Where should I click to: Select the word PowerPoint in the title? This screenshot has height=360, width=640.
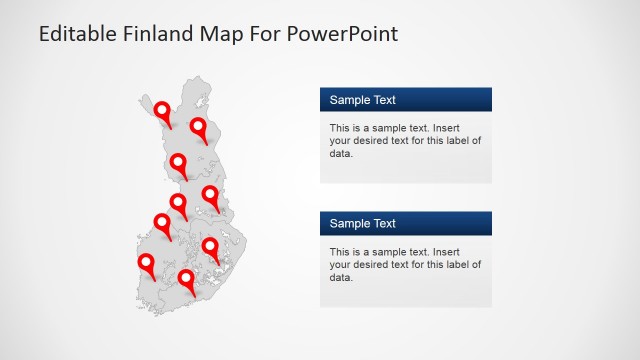pyautogui.click(x=342, y=34)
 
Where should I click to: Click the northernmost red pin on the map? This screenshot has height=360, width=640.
pyautogui.click(x=163, y=109)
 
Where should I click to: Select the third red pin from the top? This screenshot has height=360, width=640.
pyautogui.click(x=178, y=162)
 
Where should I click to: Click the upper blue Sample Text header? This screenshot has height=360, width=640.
pyautogui.click(x=405, y=100)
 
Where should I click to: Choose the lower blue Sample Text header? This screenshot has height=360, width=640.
pyautogui.click(x=405, y=224)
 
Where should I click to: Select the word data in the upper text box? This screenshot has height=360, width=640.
pyautogui.click(x=340, y=153)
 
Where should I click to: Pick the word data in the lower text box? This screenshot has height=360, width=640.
pyautogui.click(x=340, y=277)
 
